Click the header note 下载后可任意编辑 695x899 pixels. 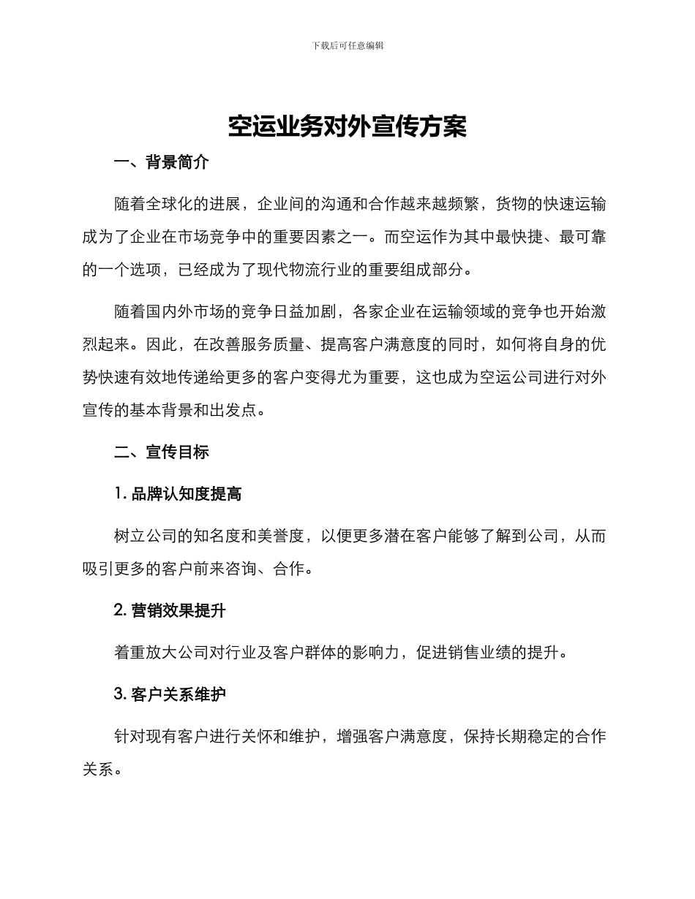(347, 45)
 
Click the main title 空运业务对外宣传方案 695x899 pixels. (347, 126)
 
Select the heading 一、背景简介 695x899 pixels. (162, 162)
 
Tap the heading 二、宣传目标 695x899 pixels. (162, 452)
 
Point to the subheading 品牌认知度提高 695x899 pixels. (186, 494)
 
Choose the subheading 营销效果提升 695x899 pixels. (179, 610)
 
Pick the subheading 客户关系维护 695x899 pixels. (179, 694)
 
